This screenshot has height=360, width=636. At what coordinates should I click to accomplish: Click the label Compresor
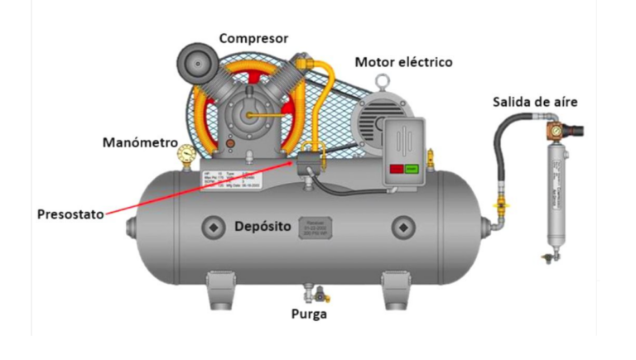pos(253,38)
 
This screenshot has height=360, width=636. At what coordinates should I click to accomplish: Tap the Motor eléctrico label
pos(402,62)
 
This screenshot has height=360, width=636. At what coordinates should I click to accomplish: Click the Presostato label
pos(70,214)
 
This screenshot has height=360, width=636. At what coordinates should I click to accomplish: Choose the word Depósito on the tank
pos(264,226)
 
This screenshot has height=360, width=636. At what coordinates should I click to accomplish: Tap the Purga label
pos(308,314)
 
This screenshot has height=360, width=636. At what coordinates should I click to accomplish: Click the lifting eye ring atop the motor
pos(382,81)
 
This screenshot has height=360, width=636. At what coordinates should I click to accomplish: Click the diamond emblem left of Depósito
pos(214,226)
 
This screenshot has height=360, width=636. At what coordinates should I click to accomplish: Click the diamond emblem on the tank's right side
pos(403,226)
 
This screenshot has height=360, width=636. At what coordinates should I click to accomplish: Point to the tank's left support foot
pos(218,290)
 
